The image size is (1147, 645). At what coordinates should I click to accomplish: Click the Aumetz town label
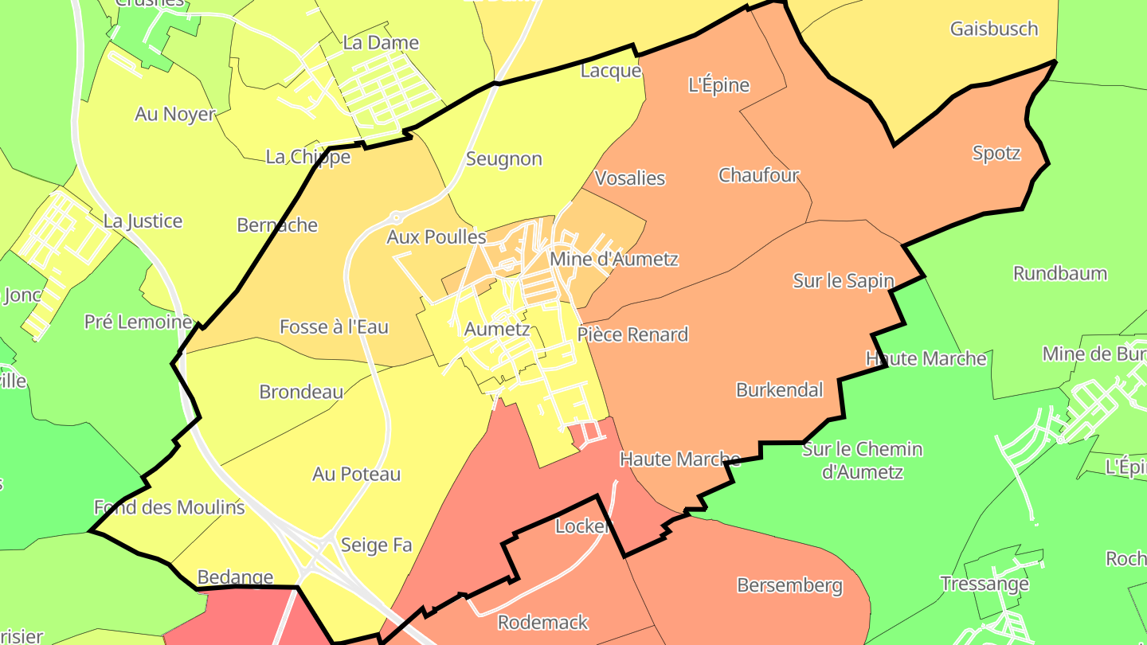click(496, 329)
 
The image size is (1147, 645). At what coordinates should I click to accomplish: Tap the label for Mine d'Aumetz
click(613, 259)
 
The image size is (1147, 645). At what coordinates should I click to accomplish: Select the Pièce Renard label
click(632, 334)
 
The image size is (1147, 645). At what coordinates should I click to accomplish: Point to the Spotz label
click(996, 153)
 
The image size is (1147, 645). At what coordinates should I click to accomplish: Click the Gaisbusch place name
click(994, 29)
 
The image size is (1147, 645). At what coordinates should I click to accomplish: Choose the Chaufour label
click(758, 175)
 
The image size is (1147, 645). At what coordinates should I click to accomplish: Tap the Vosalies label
click(630, 178)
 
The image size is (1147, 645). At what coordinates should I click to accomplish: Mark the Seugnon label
click(503, 159)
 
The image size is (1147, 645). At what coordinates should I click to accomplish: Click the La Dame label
click(381, 43)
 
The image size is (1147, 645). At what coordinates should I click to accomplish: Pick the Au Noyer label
click(175, 114)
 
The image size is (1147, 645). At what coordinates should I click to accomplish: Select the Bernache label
click(277, 225)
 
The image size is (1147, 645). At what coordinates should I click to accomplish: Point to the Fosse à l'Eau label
click(334, 326)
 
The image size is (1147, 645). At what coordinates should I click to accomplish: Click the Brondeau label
click(301, 392)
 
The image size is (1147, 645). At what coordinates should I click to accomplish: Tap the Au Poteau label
click(356, 475)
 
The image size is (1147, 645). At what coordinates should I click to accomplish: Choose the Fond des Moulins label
click(169, 507)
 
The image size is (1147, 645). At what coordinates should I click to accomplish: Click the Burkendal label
click(779, 390)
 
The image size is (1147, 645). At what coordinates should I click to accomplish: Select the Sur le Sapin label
click(844, 280)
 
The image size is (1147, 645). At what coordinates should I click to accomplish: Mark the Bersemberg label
click(789, 585)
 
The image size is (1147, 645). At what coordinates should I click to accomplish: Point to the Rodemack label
click(542, 622)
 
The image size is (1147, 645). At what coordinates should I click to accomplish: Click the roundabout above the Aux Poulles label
click(396, 217)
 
